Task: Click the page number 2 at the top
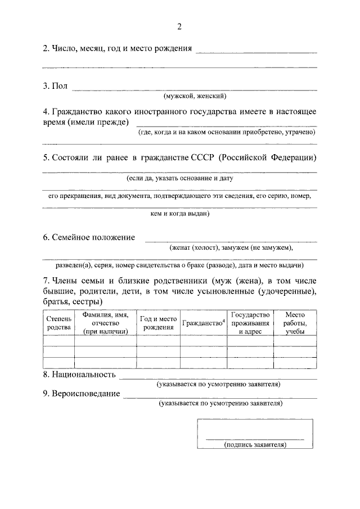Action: coord(179,26)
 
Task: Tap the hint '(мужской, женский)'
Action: coord(195,96)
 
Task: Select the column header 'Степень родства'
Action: coord(58,323)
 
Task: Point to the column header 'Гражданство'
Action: coord(203,323)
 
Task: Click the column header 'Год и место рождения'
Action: coord(158,323)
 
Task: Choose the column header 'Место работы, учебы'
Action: coord(295,323)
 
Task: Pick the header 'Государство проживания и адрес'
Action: coord(250,323)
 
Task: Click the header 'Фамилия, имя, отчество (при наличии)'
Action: coord(105,323)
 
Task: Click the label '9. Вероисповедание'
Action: coord(82,393)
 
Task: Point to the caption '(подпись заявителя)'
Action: coord(255,444)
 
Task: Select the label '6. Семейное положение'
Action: coord(89,237)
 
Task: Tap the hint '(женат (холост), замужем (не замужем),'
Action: coord(231,247)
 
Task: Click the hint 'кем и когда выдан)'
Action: coord(179,214)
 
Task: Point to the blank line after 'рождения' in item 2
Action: coord(255,52)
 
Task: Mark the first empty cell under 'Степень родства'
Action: coord(58,341)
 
